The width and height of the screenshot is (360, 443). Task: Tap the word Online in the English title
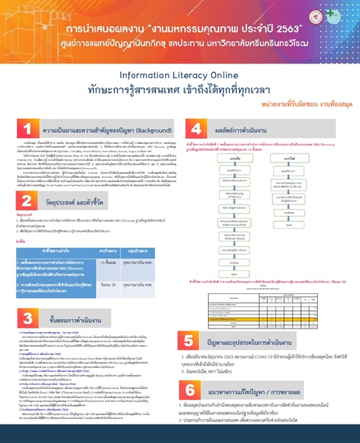click(218, 75)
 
